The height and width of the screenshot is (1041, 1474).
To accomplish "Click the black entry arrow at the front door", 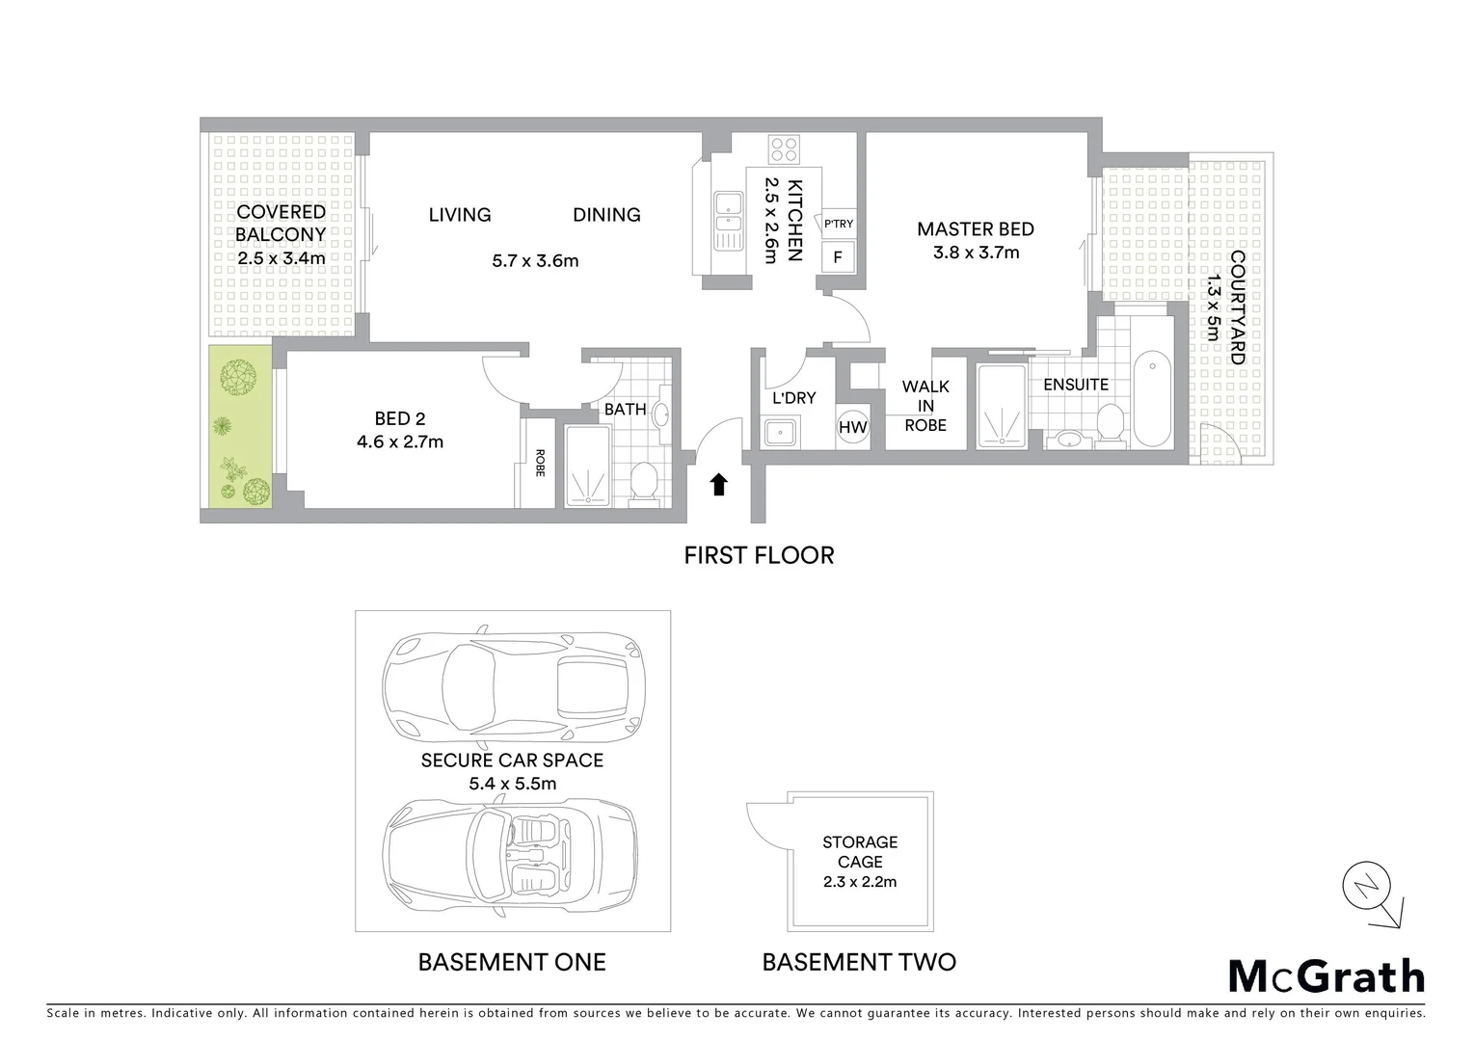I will click(718, 484).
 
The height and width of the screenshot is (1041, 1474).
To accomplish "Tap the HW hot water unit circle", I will click(852, 427).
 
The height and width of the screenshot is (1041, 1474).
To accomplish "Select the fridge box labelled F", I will click(837, 257).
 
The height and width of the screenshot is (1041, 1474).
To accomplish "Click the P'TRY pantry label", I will click(838, 224).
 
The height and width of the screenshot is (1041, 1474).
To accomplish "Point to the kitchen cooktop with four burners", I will click(783, 149).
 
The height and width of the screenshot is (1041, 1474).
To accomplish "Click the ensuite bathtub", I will click(1152, 398).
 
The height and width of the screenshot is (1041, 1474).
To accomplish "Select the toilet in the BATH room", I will click(643, 481).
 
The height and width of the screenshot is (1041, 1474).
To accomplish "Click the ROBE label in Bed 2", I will click(539, 464).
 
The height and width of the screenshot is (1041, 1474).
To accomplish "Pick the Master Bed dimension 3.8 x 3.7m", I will click(976, 253).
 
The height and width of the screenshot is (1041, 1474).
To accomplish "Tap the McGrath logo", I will click(1327, 976).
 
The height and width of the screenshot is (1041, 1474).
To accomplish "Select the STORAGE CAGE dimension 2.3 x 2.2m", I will click(860, 882).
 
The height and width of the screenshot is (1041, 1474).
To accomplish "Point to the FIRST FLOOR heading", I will click(759, 555).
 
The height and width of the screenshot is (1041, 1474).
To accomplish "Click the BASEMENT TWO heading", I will click(859, 962).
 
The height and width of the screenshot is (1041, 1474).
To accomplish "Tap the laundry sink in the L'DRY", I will click(779, 433).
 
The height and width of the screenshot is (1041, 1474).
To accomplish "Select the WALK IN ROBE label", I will click(925, 406).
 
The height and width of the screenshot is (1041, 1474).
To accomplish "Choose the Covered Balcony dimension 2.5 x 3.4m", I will click(281, 258).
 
